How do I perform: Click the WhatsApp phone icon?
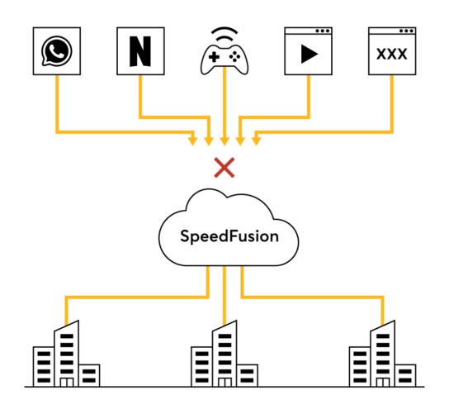(x=57, y=51)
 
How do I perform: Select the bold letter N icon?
(x=140, y=51)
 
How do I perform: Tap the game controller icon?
(x=224, y=59)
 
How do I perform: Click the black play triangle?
(x=310, y=54)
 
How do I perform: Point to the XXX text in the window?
(x=392, y=55)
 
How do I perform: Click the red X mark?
(x=224, y=168)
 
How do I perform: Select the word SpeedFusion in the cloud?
(x=229, y=237)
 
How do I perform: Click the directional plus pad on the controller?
(x=214, y=57)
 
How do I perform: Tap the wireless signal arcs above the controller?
(x=224, y=34)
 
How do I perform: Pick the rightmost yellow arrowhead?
(x=257, y=141)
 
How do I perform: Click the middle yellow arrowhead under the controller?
(x=224, y=141)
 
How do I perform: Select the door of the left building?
(x=67, y=382)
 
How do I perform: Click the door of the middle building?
(x=224, y=382)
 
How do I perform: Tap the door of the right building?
(x=383, y=382)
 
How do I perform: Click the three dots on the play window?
(x=323, y=31)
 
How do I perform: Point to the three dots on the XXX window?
(x=406, y=31)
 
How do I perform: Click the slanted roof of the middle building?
(x=224, y=326)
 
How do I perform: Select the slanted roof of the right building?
(x=383, y=326)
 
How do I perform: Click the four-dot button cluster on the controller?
(x=234, y=57)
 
